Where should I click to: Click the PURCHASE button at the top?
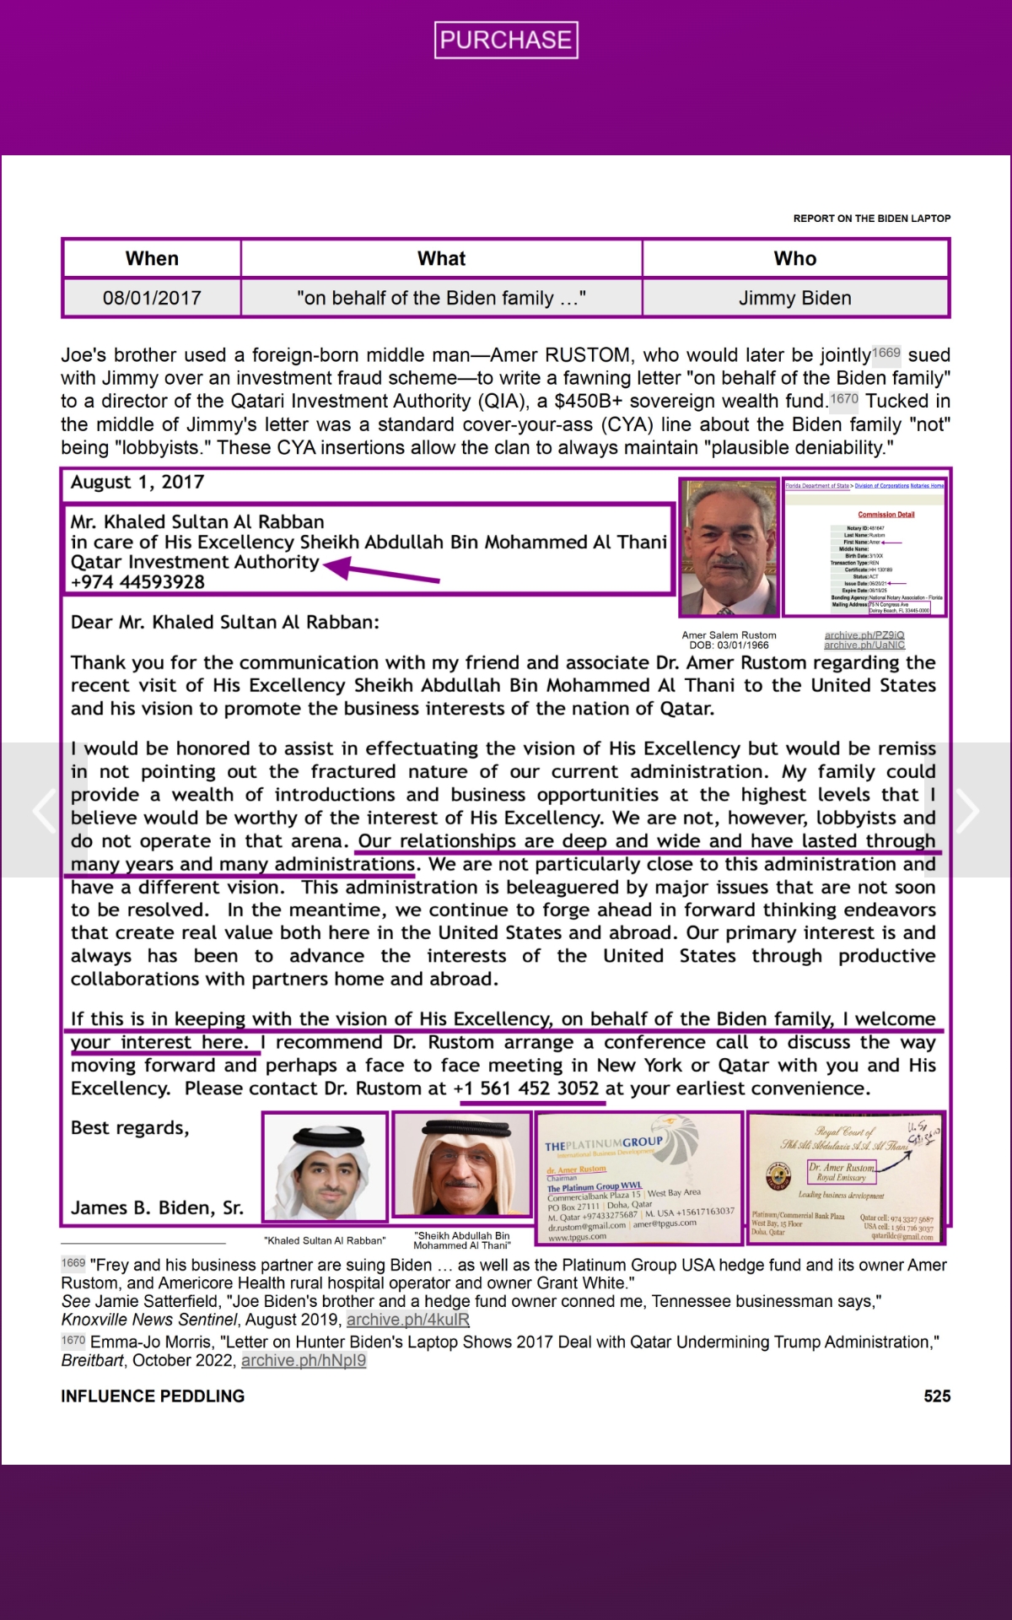pyautogui.click(x=506, y=40)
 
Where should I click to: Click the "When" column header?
pyautogui.click(x=152, y=258)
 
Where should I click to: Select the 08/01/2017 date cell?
pyautogui.click(x=152, y=298)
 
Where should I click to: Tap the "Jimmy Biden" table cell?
pyautogui.click(x=794, y=298)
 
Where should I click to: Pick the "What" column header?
pyautogui.click(x=441, y=258)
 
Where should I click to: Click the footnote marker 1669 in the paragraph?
pyautogui.click(x=886, y=353)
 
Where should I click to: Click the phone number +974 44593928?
pyautogui.click(x=137, y=581)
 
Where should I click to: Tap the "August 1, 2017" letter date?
pyautogui.click(x=137, y=482)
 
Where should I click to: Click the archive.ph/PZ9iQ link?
pyautogui.click(x=864, y=634)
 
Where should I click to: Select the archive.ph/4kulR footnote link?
pyautogui.click(x=407, y=1320)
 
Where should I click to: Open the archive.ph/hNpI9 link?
pyautogui.click(x=304, y=1360)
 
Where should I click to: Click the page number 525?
pyautogui.click(x=937, y=1396)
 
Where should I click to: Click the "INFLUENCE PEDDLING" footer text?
pyautogui.click(x=153, y=1396)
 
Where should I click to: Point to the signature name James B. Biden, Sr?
pyautogui.click(x=157, y=1207)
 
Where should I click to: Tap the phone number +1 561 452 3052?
pyautogui.click(x=526, y=1088)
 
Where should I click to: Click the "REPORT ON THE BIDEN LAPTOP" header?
pyautogui.click(x=871, y=219)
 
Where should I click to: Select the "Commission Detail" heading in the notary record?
pyautogui.click(x=885, y=514)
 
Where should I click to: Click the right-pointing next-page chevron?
pyautogui.click(x=966, y=810)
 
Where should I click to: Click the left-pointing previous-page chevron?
pyautogui.click(x=44, y=810)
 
